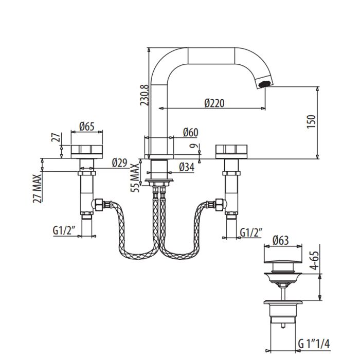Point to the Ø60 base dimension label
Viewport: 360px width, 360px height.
click(190, 132)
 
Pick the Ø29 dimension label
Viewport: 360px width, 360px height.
click(119, 164)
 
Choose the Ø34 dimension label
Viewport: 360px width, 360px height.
click(186, 167)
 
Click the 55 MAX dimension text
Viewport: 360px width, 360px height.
click(135, 177)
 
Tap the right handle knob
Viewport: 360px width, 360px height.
click(232, 151)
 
